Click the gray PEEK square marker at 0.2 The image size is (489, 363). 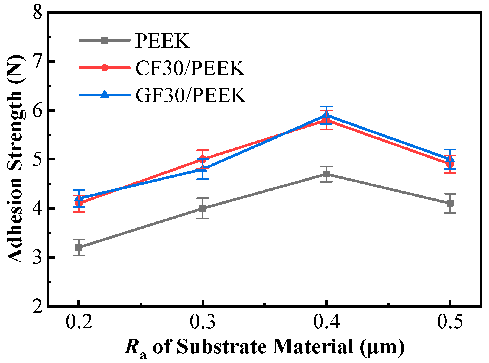[x=79, y=247]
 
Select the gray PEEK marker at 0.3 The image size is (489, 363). [x=203, y=208]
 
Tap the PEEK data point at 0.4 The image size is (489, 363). [x=326, y=174]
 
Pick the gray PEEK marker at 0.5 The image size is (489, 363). [x=450, y=203]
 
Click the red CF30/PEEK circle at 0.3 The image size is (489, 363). [x=203, y=159]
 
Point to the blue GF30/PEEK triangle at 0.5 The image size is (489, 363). [x=450, y=159]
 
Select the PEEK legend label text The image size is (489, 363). [x=163, y=41]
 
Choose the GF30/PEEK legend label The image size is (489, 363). [x=191, y=95]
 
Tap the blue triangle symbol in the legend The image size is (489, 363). [x=105, y=94]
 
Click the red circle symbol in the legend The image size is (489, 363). [x=105, y=68]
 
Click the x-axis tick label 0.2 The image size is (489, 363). [x=79, y=322]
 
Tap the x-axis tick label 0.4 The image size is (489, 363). [x=326, y=322]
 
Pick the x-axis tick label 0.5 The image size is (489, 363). [x=450, y=322]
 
